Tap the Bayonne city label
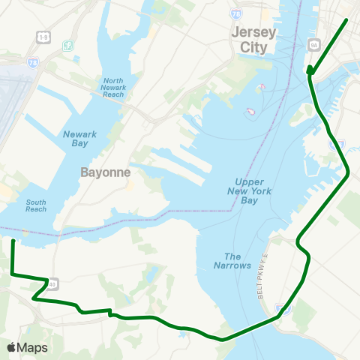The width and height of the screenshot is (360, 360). [x=106, y=172]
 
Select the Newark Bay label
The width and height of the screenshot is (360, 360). [x=79, y=139]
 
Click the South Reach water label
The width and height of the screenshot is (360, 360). [x=36, y=206]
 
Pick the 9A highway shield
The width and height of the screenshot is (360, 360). [x=313, y=44]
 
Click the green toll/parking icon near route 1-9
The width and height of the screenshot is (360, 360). [x=68, y=46]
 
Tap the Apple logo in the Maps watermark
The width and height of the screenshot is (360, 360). [x=11, y=347]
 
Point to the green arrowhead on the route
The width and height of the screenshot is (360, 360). [x=310, y=72]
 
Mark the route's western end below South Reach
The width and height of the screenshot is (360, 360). [x=13, y=241]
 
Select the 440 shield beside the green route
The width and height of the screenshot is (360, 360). [x=51, y=283]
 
